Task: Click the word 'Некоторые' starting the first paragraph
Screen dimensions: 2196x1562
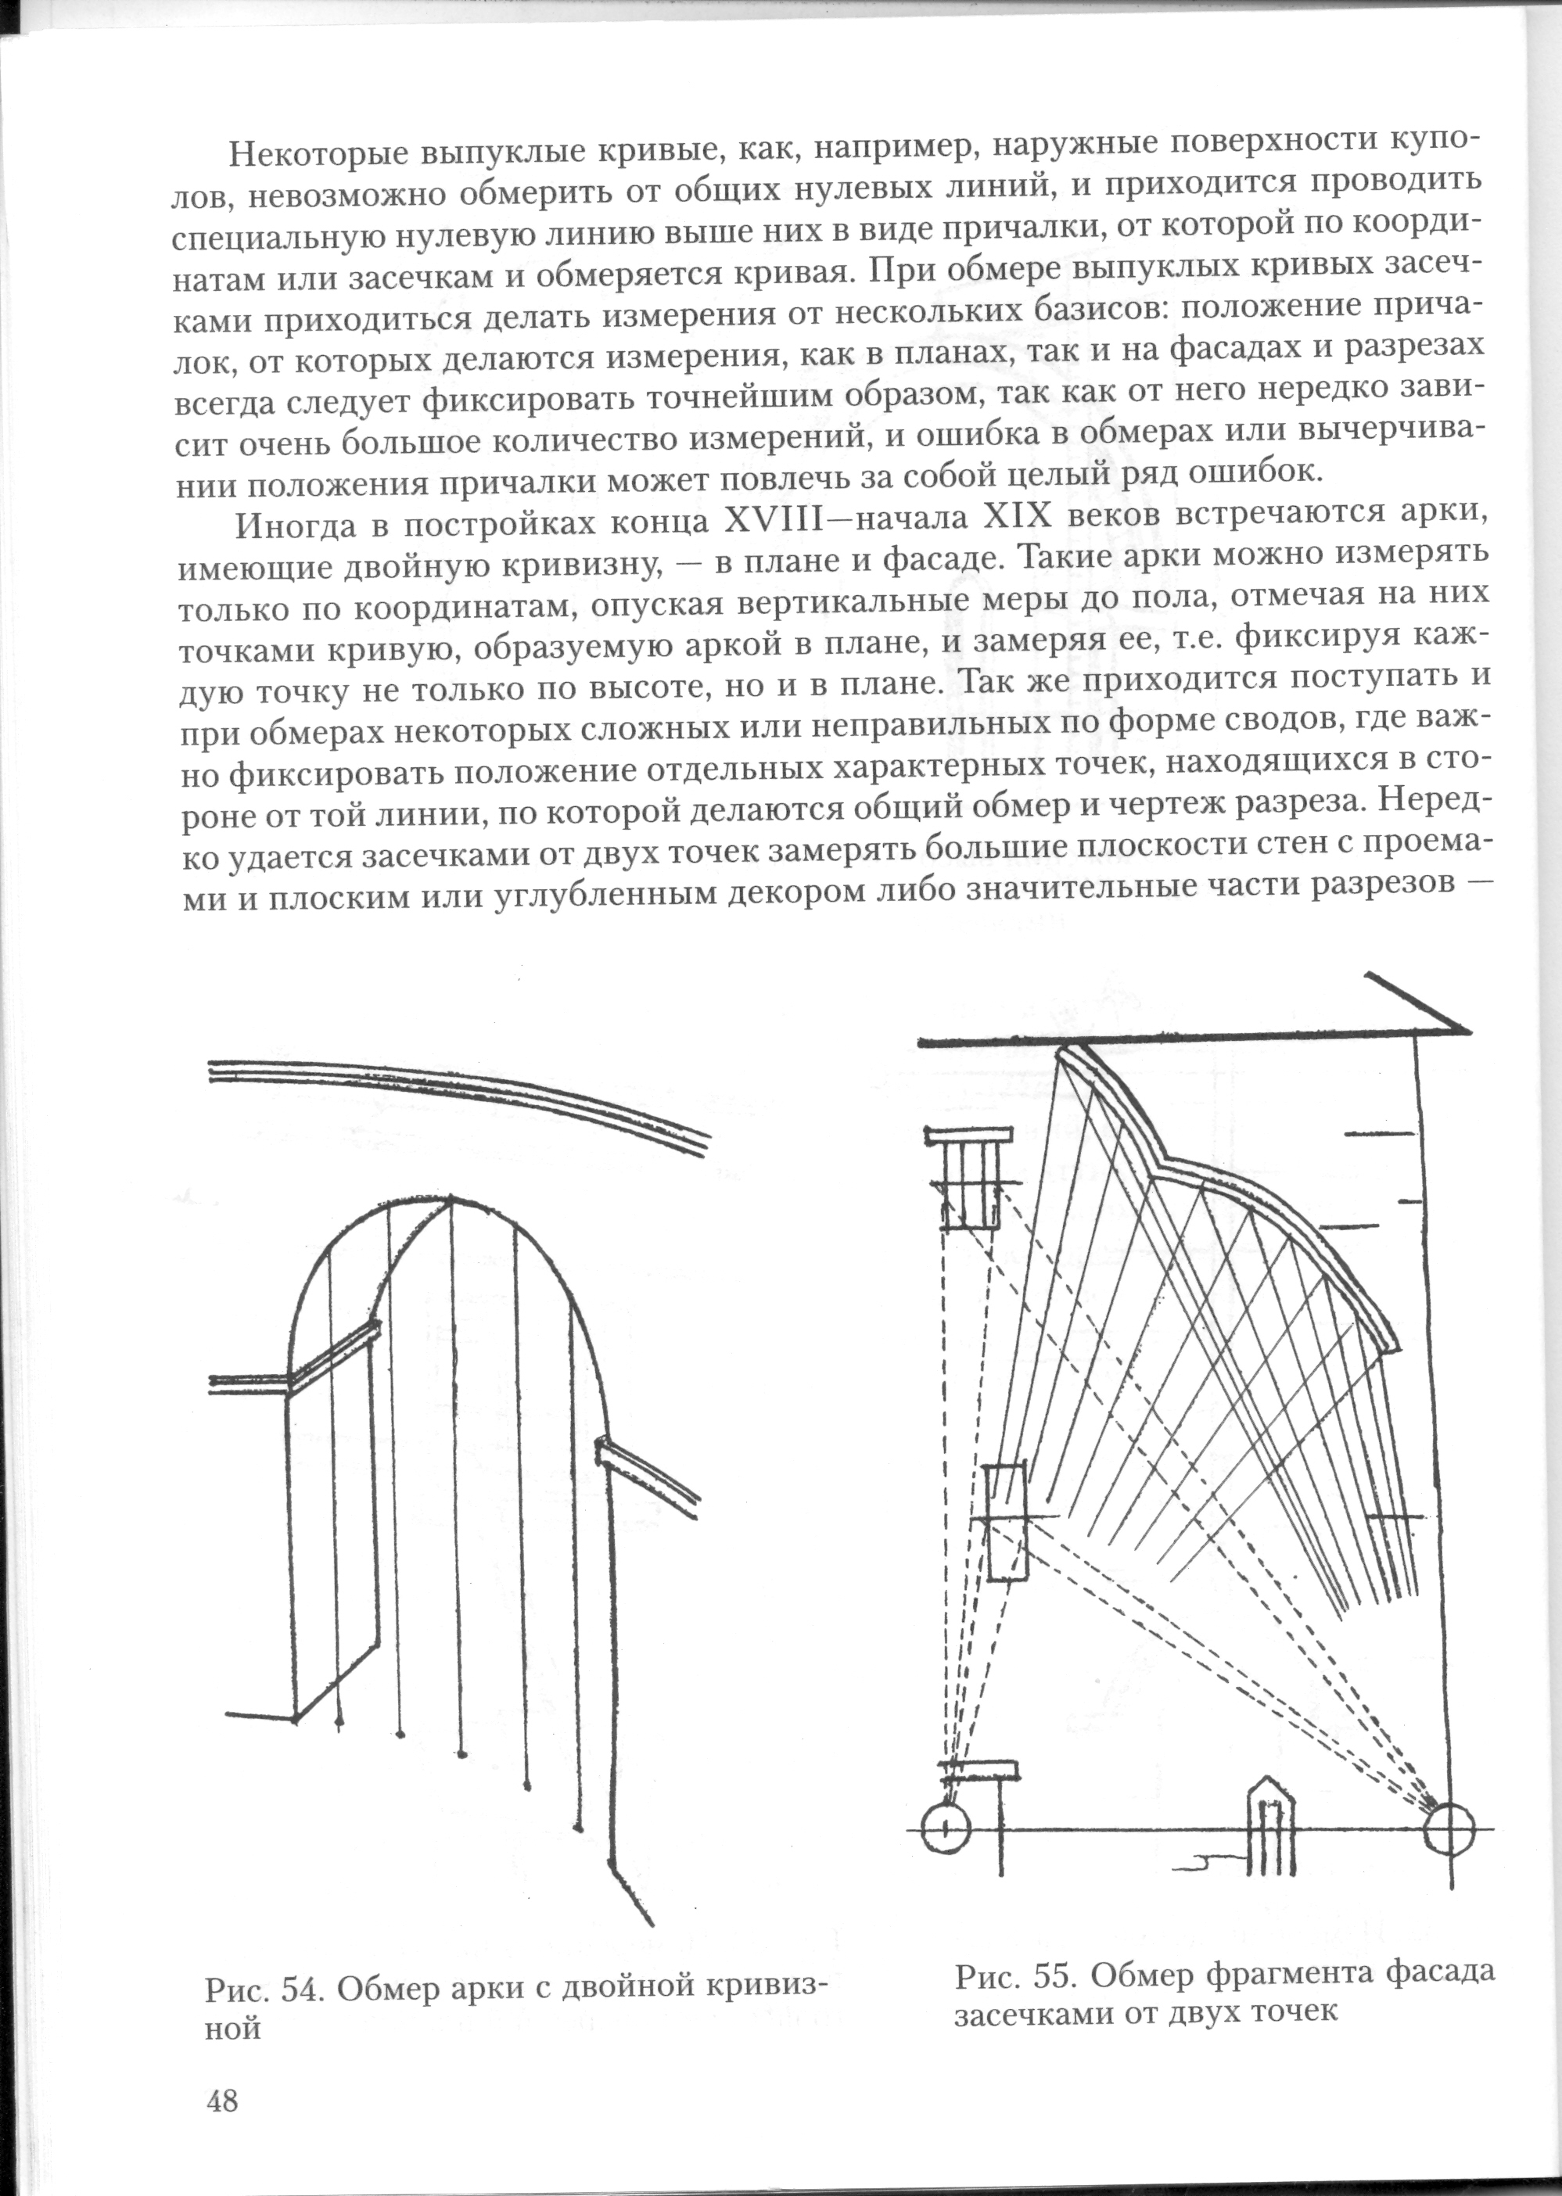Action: click(x=315, y=156)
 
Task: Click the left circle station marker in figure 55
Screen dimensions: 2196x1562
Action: click(x=946, y=1827)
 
